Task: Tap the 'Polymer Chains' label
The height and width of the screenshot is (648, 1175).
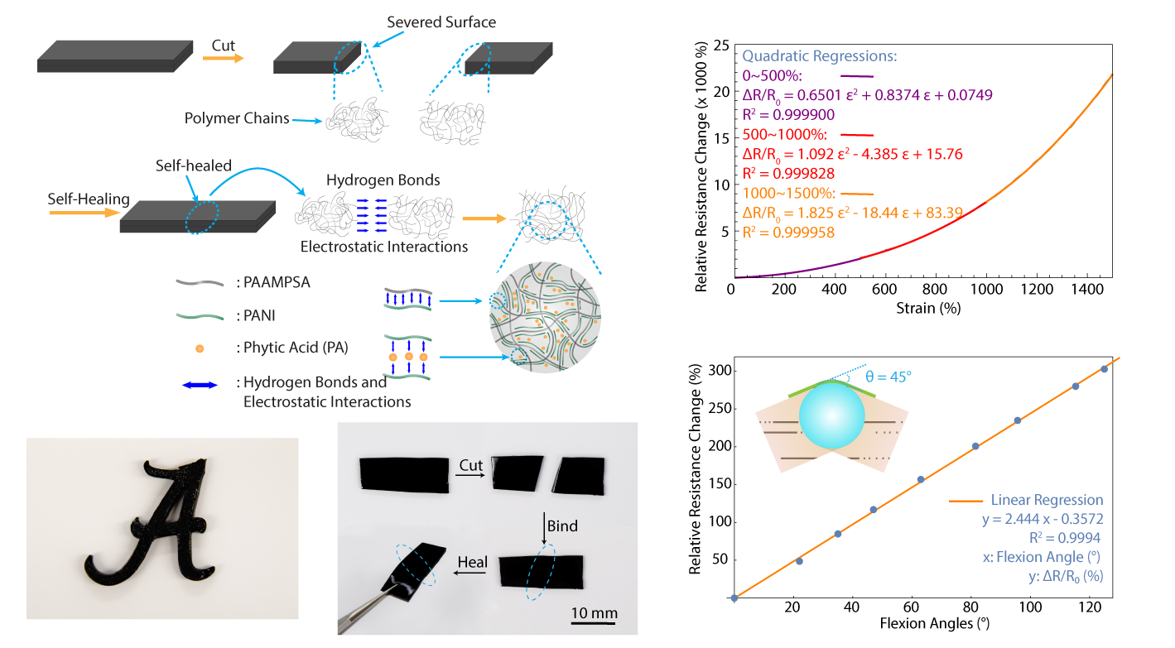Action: pyautogui.click(x=237, y=118)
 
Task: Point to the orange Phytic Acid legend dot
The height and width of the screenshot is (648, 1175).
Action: pyautogui.click(x=199, y=348)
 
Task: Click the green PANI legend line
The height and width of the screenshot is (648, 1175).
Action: pyautogui.click(x=199, y=315)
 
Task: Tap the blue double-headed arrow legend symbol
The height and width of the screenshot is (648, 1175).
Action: pyautogui.click(x=199, y=384)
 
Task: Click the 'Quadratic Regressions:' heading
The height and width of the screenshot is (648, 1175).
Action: pyautogui.click(x=820, y=57)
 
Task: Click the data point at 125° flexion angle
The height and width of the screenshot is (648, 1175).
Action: pyautogui.click(x=1105, y=369)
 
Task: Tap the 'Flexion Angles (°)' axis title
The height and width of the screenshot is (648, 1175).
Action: pyautogui.click(x=923, y=622)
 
